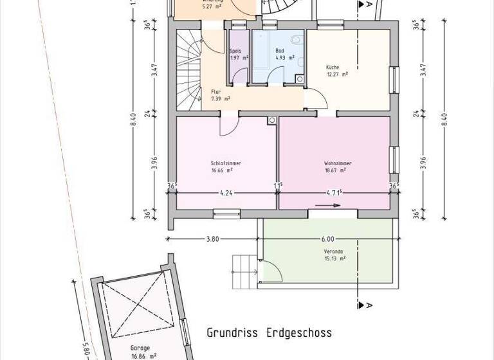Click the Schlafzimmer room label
coord(226,163)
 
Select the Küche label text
coord(333,67)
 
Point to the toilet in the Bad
coord(295,40)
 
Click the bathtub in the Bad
coord(261,52)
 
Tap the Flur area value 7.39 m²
coord(221,99)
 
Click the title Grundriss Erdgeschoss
coord(269,333)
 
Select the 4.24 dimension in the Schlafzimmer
coord(226,192)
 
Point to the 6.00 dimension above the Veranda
coord(328,239)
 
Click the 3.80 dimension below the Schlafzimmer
coord(212,239)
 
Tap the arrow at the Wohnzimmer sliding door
coord(332,206)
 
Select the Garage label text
coord(131,346)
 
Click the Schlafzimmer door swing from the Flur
coord(229,126)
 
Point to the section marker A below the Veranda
coord(370,303)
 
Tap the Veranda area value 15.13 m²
coord(334,258)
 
